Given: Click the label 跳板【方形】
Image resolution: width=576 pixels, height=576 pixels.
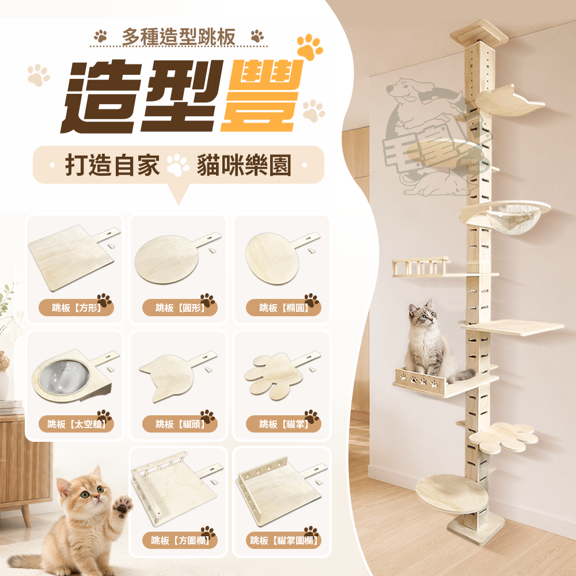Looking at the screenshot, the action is pyautogui.click(x=77, y=308).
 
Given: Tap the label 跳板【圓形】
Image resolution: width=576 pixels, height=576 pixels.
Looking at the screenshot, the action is pyautogui.click(x=180, y=308).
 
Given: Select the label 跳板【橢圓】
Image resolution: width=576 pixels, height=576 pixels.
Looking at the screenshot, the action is pyautogui.click(x=284, y=308).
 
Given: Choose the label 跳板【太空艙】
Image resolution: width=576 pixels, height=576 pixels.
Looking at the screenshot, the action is pyautogui.click(x=77, y=425).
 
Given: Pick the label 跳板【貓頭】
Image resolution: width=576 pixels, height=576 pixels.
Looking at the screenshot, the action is pyautogui.click(x=180, y=425).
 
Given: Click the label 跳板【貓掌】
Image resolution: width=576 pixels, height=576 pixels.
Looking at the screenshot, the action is pyautogui.click(x=284, y=425).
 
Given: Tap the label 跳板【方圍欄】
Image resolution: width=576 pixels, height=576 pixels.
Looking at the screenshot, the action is pyautogui.click(x=180, y=540).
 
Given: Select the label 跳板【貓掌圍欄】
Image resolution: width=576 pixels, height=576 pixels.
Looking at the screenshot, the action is pyautogui.click(x=284, y=540).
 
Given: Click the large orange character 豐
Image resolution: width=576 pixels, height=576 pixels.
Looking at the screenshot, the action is pyautogui.click(x=263, y=96).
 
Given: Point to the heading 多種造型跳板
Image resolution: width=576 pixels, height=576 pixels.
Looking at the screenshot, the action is pyautogui.click(x=179, y=37).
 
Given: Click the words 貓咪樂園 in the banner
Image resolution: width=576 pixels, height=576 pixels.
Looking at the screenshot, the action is pyautogui.click(x=244, y=165).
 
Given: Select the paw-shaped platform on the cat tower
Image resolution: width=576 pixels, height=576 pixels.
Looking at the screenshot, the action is pyautogui.click(x=503, y=437).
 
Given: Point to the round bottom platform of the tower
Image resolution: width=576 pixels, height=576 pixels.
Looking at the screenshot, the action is pyautogui.click(x=452, y=494).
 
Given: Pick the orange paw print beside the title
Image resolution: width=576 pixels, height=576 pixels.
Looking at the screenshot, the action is pyautogui.click(x=310, y=47).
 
